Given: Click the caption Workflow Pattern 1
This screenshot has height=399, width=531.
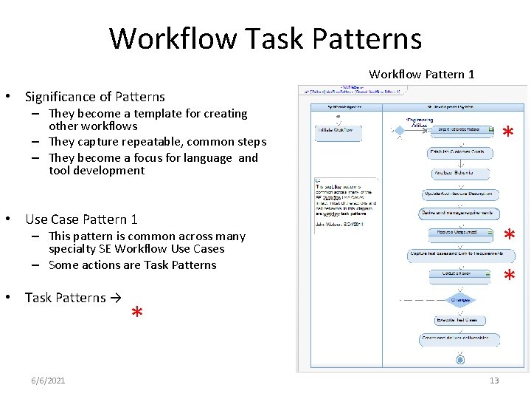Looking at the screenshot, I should (421, 74).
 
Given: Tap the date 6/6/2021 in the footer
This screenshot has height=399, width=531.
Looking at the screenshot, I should (48, 381).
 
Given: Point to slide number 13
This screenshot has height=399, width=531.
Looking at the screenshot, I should (494, 381).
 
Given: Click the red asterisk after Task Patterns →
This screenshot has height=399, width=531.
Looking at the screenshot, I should (136, 314).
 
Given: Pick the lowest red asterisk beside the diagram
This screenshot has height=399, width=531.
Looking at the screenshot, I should (508, 277).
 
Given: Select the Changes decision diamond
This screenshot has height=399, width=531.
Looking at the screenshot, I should (460, 300).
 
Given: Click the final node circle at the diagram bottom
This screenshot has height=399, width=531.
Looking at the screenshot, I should (460, 360).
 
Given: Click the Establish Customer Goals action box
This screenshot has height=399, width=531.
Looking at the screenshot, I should (457, 152).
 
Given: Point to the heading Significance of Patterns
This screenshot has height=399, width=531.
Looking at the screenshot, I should (95, 97).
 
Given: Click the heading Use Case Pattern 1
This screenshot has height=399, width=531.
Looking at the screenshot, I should (81, 219).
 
